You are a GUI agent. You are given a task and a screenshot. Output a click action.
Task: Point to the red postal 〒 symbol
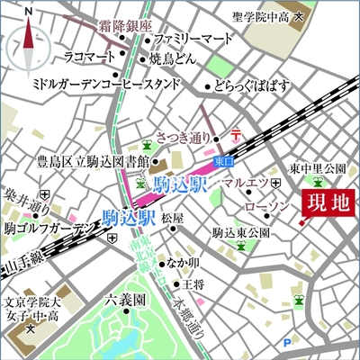[x=236, y=135]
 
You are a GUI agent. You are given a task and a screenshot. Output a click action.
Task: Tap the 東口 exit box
[x=222, y=160]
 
